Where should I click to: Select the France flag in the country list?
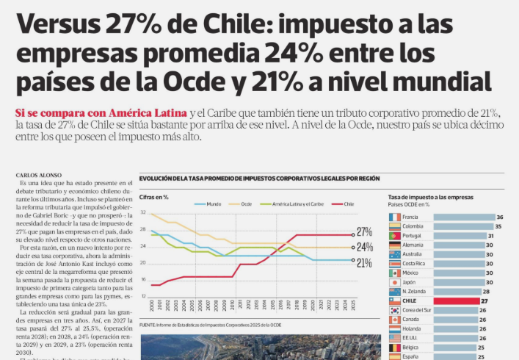[x=394, y=217]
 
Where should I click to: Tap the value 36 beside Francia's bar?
[x=499, y=217]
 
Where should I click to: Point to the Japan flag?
[x=394, y=282]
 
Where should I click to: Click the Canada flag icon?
[x=394, y=320]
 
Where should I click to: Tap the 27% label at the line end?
[x=364, y=232]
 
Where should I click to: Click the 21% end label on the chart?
[x=364, y=262]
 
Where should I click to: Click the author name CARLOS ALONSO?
[x=37, y=175]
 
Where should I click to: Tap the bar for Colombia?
[x=462, y=227]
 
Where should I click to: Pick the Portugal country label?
[x=413, y=236]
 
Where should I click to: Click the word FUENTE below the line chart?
[x=147, y=324]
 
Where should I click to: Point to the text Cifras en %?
[x=154, y=197]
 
